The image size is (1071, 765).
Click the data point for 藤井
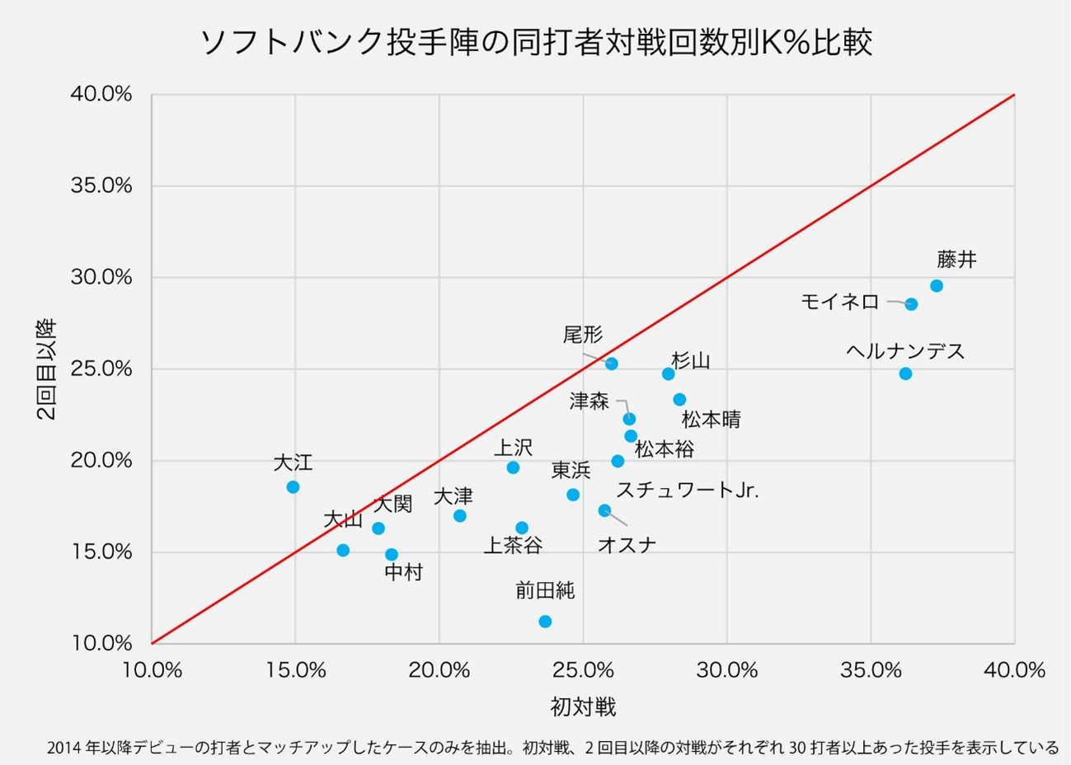tap(937, 286)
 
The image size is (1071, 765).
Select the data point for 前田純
tap(545, 622)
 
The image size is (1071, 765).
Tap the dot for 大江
tap(293, 487)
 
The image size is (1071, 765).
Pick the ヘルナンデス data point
tap(905, 373)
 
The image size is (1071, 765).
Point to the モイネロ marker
tap(911, 304)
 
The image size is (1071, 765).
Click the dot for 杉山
tap(669, 374)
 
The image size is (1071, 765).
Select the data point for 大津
tap(460, 516)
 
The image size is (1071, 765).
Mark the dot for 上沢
tap(513, 467)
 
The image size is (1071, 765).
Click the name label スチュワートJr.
tap(688, 490)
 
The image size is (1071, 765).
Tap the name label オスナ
tap(627, 545)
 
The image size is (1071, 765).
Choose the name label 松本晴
tap(712, 420)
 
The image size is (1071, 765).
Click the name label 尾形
tap(583, 335)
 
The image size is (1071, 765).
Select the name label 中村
tap(404, 572)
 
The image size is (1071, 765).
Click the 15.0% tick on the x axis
tap(295, 670)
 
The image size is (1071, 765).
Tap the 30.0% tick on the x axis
tap(727, 670)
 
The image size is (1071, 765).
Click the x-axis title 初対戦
tap(583, 707)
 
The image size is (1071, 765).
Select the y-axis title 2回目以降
tap(47, 369)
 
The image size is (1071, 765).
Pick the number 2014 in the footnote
tap(63, 749)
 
